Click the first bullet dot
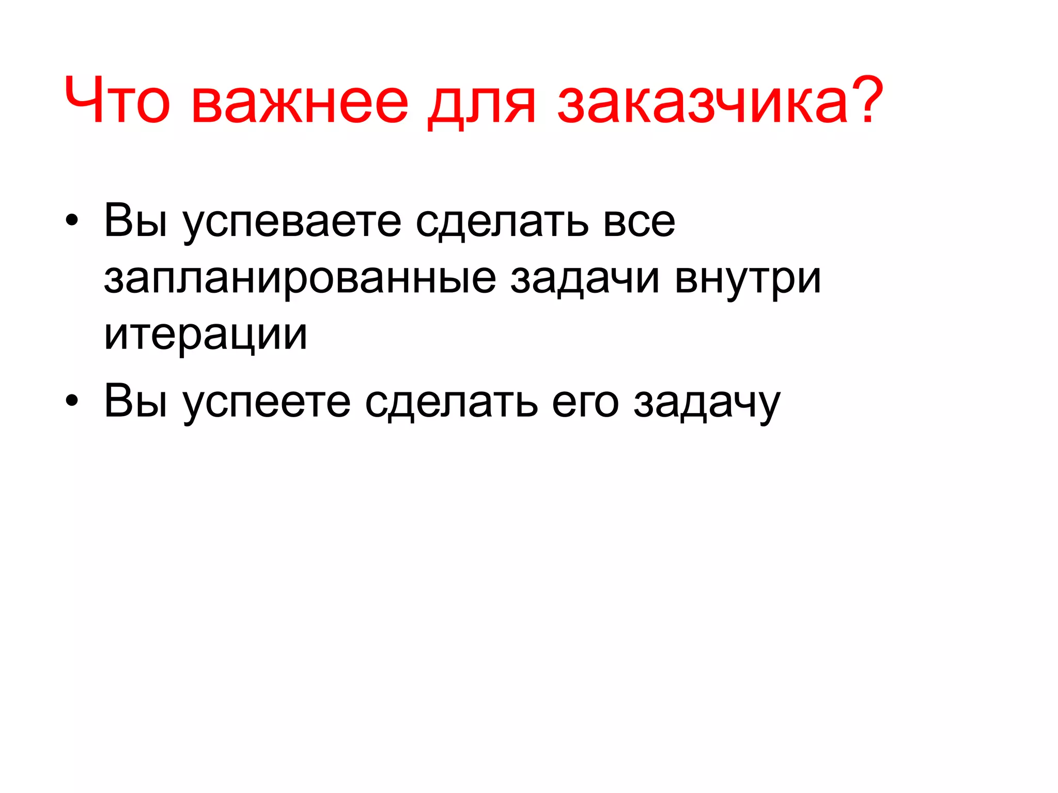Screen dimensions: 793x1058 pyautogui.click(x=72, y=221)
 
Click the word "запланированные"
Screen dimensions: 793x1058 pyautogui.click(x=300, y=280)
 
